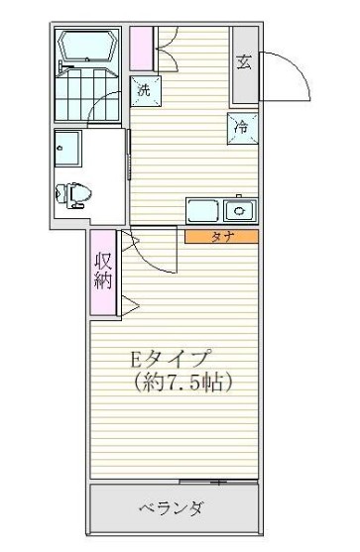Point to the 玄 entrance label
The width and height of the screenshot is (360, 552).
pyautogui.click(x=244, y=61)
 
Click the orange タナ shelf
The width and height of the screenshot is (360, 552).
pyautogui.click(x=221, y=237)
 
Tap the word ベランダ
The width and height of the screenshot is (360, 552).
pyautogui.click(x=171, y=509)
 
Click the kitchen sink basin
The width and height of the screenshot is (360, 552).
pyautogui.click(x=238, y=210)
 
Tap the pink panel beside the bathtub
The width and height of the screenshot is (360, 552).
pyautogui.click(x=141, y=48)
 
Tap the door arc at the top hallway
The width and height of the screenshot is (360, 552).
pyautogui.click(x=167, y=40)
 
